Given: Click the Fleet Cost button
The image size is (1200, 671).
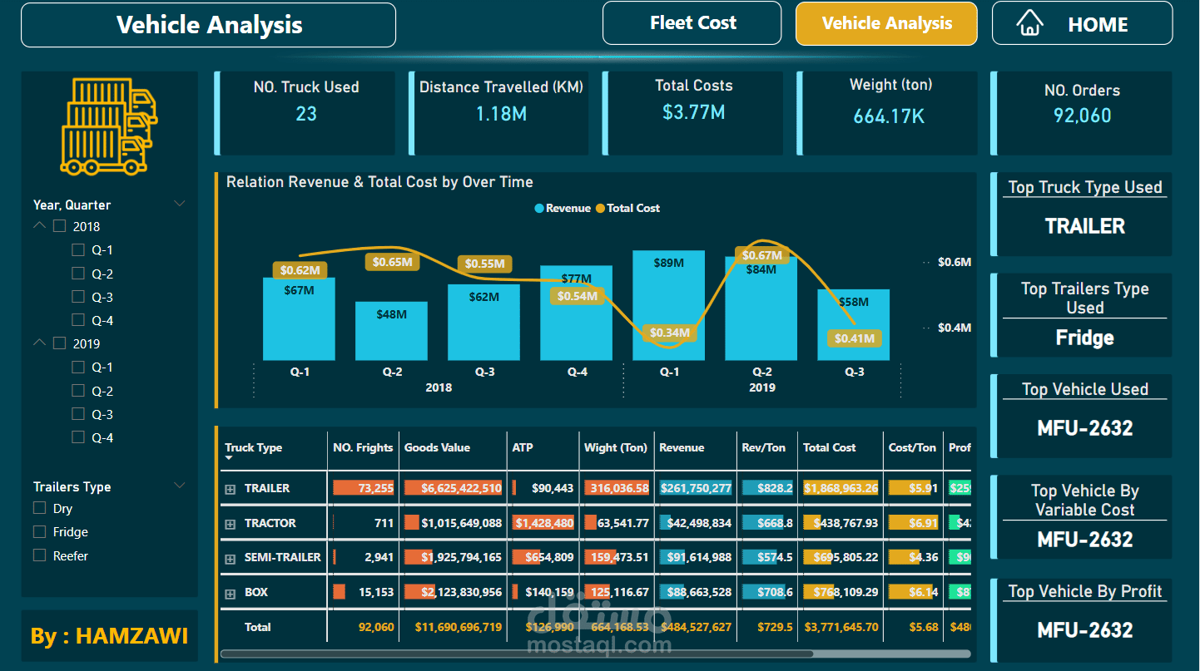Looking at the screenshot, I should pos(692,23).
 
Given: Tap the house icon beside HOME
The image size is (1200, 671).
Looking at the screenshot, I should pos(1030,23).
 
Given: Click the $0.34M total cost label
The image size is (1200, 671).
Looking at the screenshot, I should pos(669,333).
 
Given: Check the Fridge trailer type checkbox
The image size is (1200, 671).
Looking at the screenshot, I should pos(39,531).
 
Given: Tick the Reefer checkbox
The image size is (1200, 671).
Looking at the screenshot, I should pos(39,555).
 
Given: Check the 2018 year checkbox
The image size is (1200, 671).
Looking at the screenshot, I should pos(59,226).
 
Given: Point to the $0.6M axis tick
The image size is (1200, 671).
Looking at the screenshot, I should pos(954,262).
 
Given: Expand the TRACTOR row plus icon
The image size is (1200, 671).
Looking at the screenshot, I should pos(231,524).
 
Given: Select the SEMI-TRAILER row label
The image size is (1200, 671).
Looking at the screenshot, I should pos(282,557).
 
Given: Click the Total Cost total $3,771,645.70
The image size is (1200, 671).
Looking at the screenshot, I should pos(840,627).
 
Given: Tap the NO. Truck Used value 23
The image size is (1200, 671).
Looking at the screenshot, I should pos(306,114).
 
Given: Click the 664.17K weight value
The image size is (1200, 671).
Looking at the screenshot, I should pos(889,116).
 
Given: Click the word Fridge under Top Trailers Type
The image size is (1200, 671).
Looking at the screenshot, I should pos(1084,338).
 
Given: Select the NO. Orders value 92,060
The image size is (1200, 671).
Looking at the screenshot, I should pos(1082,116).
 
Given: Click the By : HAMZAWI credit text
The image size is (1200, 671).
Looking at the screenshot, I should pos(109,636).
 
